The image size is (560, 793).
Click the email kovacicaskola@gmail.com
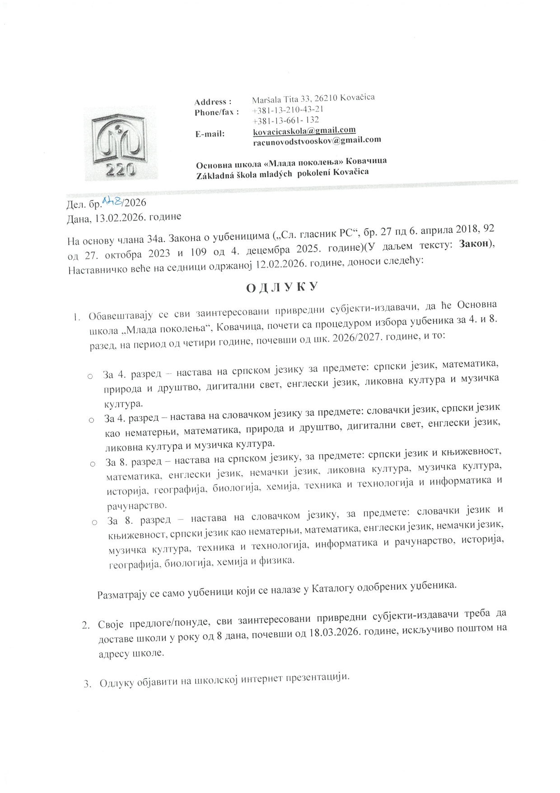point(304,130)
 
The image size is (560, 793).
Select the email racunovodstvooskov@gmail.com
point(317,140)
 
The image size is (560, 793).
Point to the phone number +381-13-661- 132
point(286,120)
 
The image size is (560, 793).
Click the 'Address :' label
point(213,102)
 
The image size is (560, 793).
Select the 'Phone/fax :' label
point(217,112)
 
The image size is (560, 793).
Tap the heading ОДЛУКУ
point(281,288)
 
